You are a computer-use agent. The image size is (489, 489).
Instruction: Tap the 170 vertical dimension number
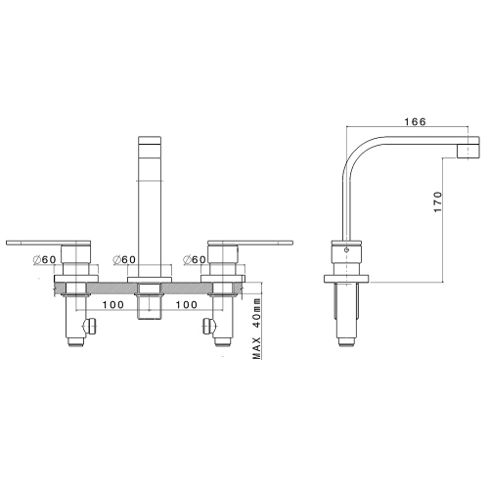click(439, 202)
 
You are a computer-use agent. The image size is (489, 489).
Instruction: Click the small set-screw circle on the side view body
click(346, 250)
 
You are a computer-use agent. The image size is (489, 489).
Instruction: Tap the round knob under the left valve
click(91, 326)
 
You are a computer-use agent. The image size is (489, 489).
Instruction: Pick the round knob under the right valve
click(206, 326)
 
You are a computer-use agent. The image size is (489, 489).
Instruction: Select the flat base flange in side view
click(346, 280)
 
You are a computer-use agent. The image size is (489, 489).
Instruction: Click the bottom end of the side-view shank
click(346, 343)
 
